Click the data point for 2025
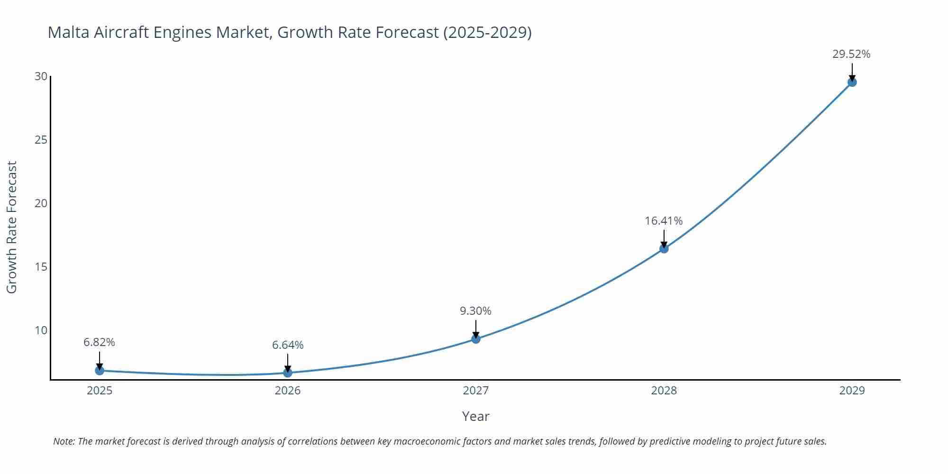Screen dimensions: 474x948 tap(100, 370)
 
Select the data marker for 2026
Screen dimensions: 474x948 tap(288, 373)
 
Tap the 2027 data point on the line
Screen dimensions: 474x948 tap(476, 338)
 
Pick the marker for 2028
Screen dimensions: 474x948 tap(664, 248)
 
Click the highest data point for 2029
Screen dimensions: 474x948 tap(852, 82)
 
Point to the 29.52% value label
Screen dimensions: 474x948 tap(851, 54)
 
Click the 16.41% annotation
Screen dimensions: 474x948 tap(664, 221)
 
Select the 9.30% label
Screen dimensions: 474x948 tap(475, 311)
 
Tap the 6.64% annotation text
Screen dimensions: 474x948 tap(288, 345)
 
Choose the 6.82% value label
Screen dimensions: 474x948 tap(100, 342)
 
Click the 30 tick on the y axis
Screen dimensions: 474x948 tap(41, 76)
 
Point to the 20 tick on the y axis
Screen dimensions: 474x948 tap(41, 203)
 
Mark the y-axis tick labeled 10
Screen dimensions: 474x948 tap(41, 330)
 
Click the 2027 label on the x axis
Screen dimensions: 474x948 tap(476, 391)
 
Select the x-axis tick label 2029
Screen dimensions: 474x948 tap(852, 391)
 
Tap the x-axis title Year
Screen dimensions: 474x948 tap(475, 416)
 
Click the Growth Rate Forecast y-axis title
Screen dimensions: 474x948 tap(12, 227)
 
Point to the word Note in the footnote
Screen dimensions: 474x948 tap(64, 441)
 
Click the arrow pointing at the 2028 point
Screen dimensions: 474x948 tap(664, 238)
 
